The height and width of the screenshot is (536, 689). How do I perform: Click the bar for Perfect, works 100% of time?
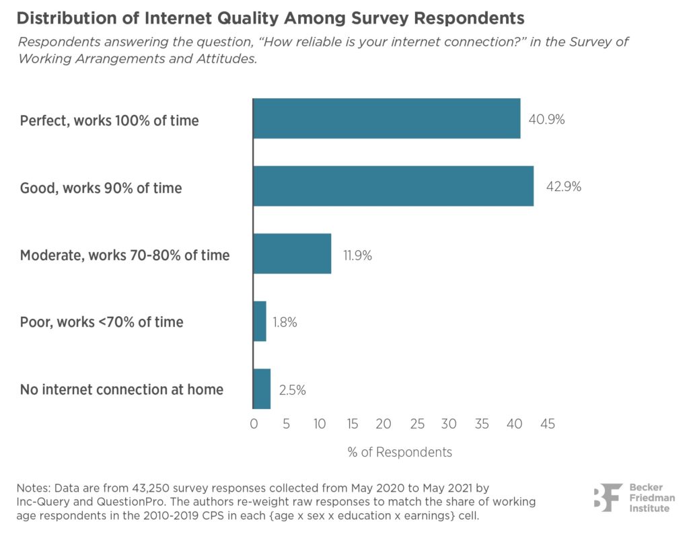(x=386, y=118)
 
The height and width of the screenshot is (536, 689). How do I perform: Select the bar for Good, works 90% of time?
(x=393, y=186)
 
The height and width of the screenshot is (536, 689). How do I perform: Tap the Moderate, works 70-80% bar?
(x=292, y=254)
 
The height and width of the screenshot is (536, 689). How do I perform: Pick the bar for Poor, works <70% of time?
(x=260, y=321)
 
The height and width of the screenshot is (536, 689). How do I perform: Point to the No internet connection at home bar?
(x=262, y=389)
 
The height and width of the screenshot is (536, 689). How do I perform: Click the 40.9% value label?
(x=546, y=120)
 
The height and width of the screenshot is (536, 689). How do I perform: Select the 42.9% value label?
(x=563, y=188)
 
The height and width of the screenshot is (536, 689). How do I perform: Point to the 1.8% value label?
(x=285, y=323)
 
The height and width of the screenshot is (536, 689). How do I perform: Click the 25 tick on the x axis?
(x=416, y=424)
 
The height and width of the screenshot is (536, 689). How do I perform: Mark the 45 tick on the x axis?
(x=547, y=424)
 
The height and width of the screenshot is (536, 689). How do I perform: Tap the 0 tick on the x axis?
(x=254, y=424)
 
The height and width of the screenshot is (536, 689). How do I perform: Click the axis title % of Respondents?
(x=400, y=452)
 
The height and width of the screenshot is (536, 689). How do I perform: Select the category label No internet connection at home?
(x=122, y=389)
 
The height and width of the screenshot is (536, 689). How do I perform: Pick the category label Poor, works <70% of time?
(x=102, y=322)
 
